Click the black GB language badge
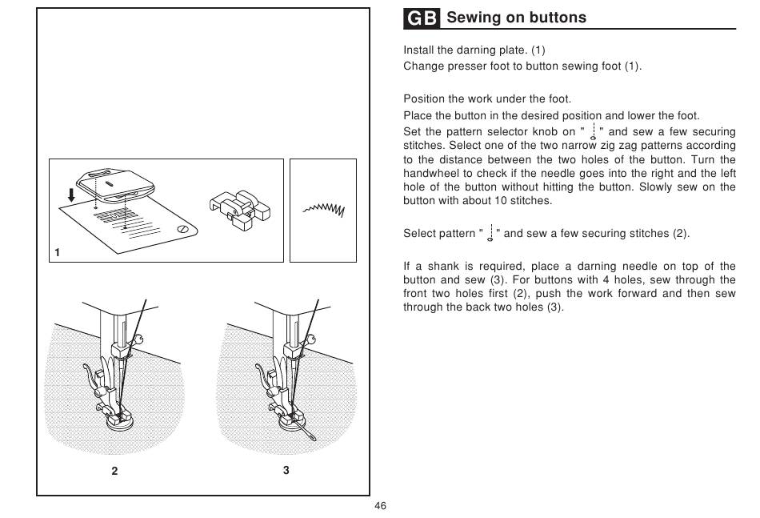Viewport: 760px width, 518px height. click(421, 18)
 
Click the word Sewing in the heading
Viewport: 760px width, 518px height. click(474, 18)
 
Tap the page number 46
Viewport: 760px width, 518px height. click(381, 506)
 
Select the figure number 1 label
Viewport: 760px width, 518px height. click(57, 252)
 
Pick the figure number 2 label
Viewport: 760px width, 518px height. click(114, 471)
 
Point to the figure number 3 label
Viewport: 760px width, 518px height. click(286, 470)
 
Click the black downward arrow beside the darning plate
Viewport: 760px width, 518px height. click(71, 195)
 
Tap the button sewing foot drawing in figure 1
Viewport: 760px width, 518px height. click(240, 210)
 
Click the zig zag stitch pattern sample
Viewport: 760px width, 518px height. click(324, 209)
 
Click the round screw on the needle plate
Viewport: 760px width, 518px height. click(182, 230)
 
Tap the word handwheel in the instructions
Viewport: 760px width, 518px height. click(430, 173)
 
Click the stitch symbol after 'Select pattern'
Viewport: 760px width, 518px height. click(490, 233)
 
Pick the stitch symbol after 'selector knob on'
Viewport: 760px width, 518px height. click(593, 131)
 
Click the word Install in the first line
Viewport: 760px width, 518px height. click(418, 50)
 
